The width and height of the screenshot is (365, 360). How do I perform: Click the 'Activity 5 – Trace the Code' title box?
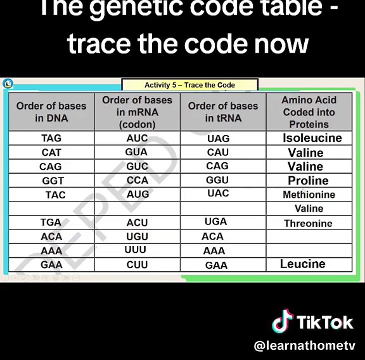pos(189,85)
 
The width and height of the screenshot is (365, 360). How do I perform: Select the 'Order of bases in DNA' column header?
pos(51,112)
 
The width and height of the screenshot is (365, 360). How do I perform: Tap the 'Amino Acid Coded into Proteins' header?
pos(309,112)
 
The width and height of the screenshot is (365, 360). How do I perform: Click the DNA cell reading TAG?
pos(51,138)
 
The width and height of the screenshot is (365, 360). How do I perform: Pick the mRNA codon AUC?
pos(137,138)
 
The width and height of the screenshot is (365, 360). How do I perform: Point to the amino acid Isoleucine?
pos(312,138)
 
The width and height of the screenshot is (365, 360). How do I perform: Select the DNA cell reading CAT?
pos(51,153)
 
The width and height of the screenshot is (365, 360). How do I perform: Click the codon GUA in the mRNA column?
pos(136,152)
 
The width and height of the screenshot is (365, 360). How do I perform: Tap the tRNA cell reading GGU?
pos(217,180)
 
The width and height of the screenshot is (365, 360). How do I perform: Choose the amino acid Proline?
pos(308,181)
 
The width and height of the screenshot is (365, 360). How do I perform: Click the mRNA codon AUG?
pos(138,194)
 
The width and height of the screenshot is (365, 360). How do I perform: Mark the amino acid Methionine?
pos(309,195)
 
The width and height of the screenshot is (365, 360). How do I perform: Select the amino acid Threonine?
pos(308,223)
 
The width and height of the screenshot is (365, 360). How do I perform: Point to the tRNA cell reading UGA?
pos(215,222)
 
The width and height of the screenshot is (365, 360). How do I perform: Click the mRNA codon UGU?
pos(137,236)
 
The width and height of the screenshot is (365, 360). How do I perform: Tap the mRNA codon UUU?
pos(135,250)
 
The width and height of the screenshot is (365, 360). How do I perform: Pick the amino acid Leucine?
pos(302,264)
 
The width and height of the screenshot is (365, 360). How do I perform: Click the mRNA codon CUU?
pos(137,265)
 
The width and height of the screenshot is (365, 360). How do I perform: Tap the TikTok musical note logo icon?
pos(283,321)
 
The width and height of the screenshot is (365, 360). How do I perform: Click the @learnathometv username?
pos(304,346)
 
